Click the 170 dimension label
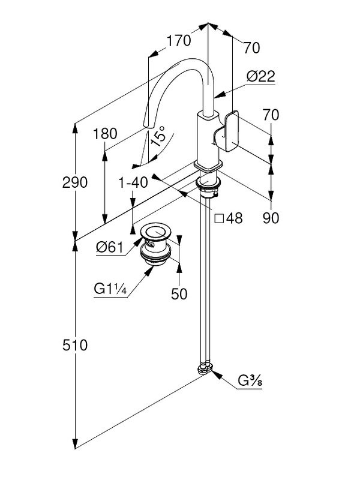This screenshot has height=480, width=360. pos(178,41)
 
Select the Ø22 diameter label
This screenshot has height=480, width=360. pos(260,76)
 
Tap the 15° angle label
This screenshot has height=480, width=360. pos(158,137)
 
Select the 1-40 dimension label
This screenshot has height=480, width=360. pos(133,182)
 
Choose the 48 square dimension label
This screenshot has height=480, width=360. pos(229,218)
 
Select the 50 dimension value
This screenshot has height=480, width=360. pos(179,293)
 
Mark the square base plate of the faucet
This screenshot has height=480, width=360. pos(208,166)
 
